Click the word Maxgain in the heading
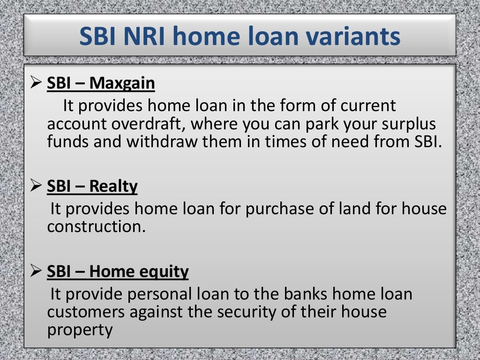point(122,84)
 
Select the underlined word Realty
point(113,187)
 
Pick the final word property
point(80,330)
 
